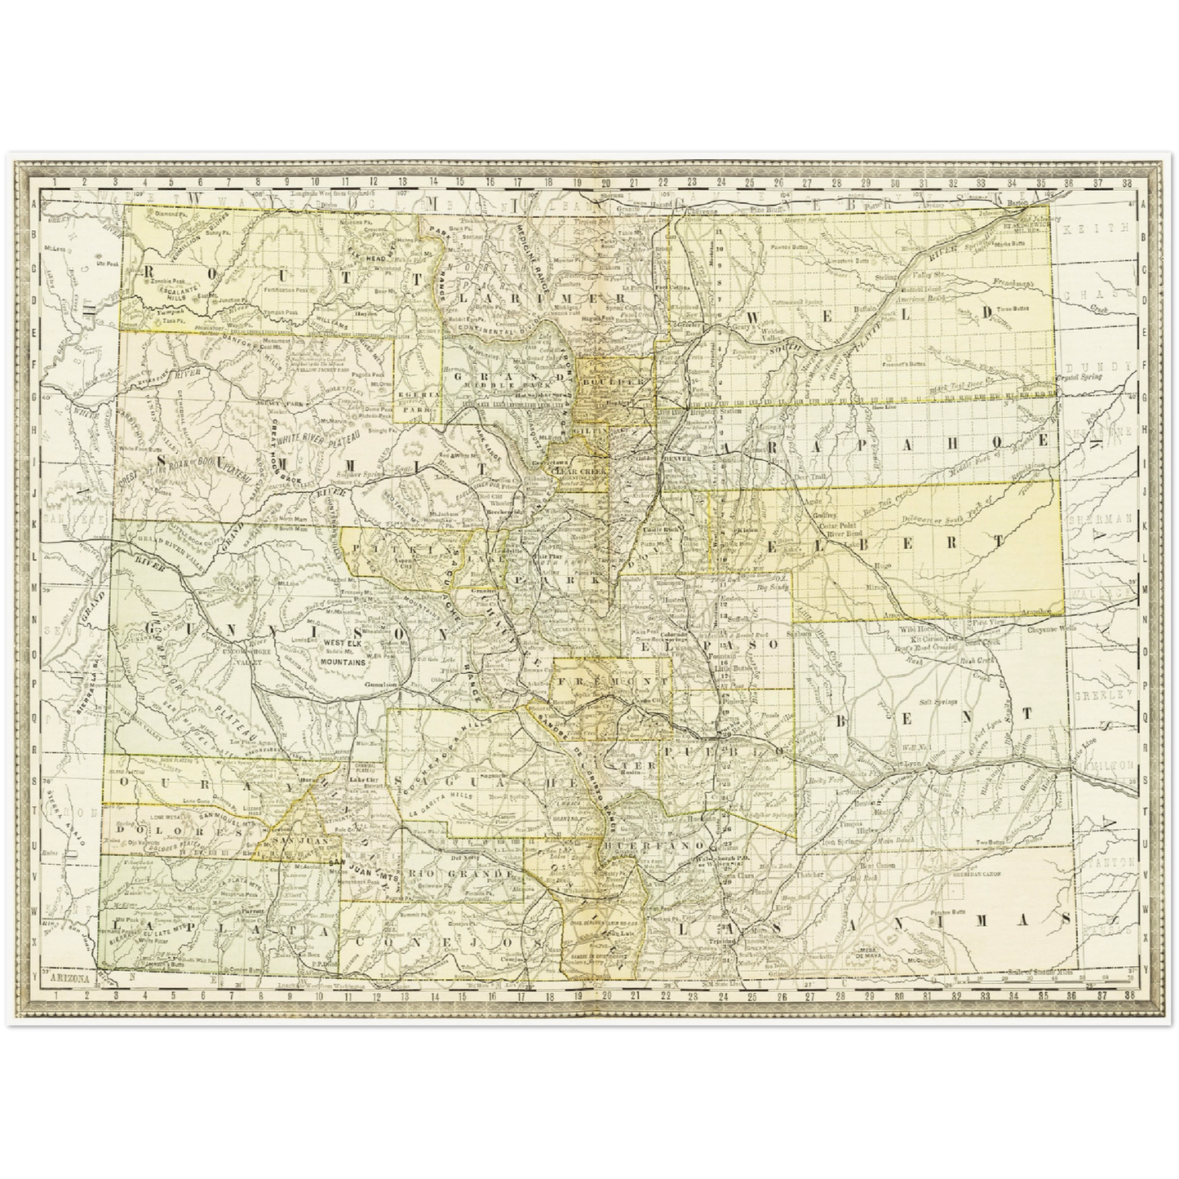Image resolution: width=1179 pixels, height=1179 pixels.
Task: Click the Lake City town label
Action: [358, 780]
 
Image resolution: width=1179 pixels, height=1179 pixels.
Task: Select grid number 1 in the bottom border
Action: [54, 995]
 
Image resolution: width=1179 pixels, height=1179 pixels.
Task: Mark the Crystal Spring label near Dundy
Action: [1078, 377]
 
